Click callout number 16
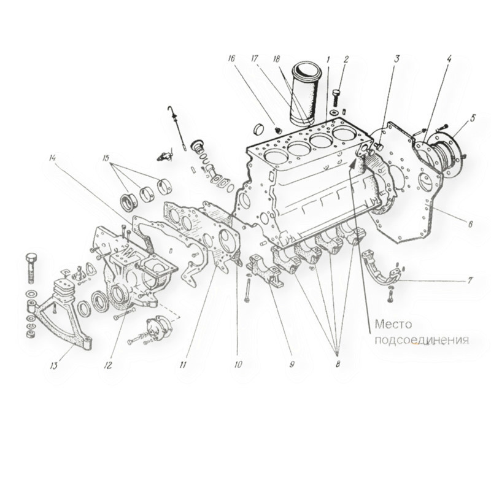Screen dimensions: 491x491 click(x=231, y=60)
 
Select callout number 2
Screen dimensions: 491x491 click(x=346, y=60)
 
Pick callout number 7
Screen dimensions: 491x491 click(x=470, y=281)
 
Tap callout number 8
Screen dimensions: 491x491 click(x=338, y=363)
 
